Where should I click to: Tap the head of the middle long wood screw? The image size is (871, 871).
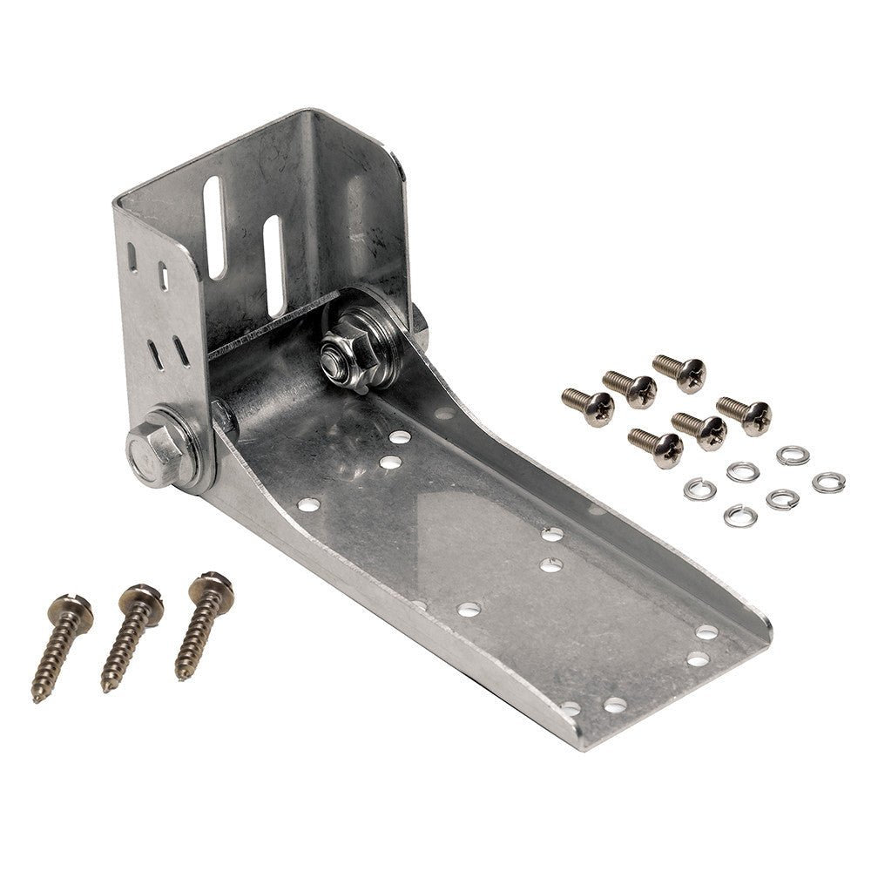(x=141, y=598)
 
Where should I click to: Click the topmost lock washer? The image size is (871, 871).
(x=793, y=455)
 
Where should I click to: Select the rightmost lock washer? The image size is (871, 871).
(x=827, y=482)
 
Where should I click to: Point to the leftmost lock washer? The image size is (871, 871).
(x=699, y=489)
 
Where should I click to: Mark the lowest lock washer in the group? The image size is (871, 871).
(x=739, y=516)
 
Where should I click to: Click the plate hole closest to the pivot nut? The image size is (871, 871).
(x=400, y=435)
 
